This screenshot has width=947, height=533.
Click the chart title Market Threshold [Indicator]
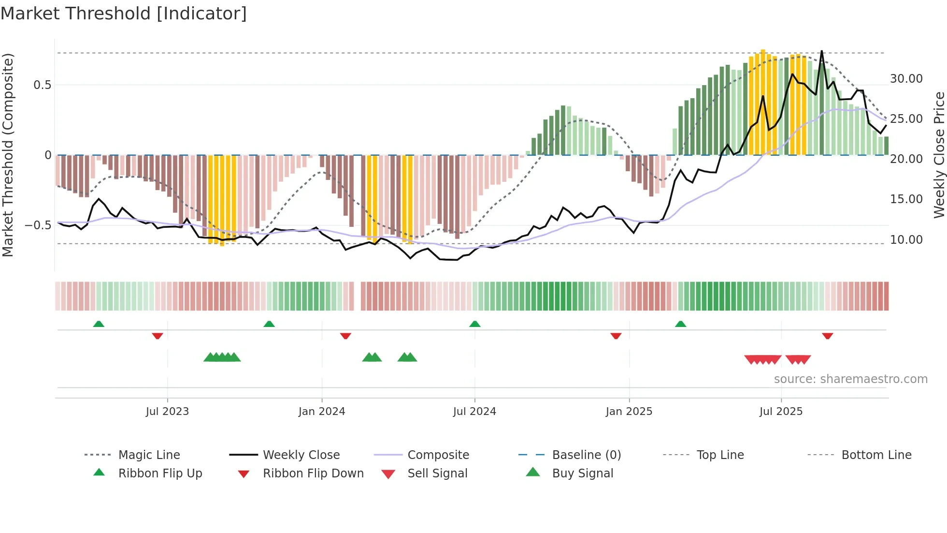124,14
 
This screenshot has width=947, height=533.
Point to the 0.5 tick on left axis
42,85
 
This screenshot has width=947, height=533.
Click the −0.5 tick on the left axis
38,225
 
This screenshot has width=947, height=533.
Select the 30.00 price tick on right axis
906,79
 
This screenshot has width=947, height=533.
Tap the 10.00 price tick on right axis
906,240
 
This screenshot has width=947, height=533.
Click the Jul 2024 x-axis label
474,412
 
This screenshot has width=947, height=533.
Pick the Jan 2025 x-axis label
629,412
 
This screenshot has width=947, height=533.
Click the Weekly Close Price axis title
939,155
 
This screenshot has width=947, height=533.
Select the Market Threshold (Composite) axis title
8,155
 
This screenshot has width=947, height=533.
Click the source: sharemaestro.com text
850,379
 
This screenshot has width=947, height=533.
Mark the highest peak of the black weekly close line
821,51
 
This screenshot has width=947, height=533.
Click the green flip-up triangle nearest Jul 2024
474,324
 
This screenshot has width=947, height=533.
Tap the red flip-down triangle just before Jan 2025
616,336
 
